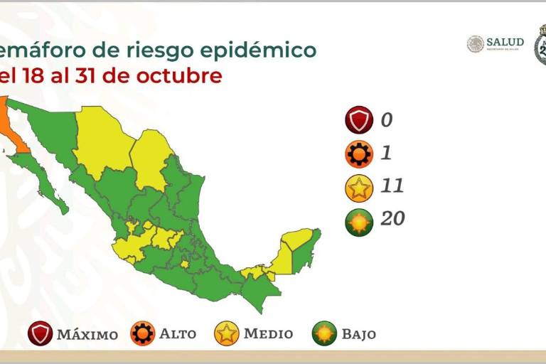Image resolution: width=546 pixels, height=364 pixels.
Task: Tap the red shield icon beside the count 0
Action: point(359,120)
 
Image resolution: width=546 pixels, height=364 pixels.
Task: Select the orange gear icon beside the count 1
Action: point(359,154)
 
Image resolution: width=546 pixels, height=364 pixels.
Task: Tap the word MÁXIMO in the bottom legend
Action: point(87,334)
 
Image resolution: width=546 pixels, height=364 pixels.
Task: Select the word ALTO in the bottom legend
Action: point(178,333)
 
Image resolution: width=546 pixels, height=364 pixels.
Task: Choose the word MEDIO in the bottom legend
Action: point(268,333)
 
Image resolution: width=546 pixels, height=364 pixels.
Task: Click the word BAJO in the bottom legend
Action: point(358,333)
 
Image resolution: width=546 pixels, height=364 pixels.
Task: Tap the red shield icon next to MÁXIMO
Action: point(41,333)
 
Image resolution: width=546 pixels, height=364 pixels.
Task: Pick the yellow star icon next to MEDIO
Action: point(225,333)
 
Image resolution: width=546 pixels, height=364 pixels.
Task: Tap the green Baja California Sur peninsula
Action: point(42,178)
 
